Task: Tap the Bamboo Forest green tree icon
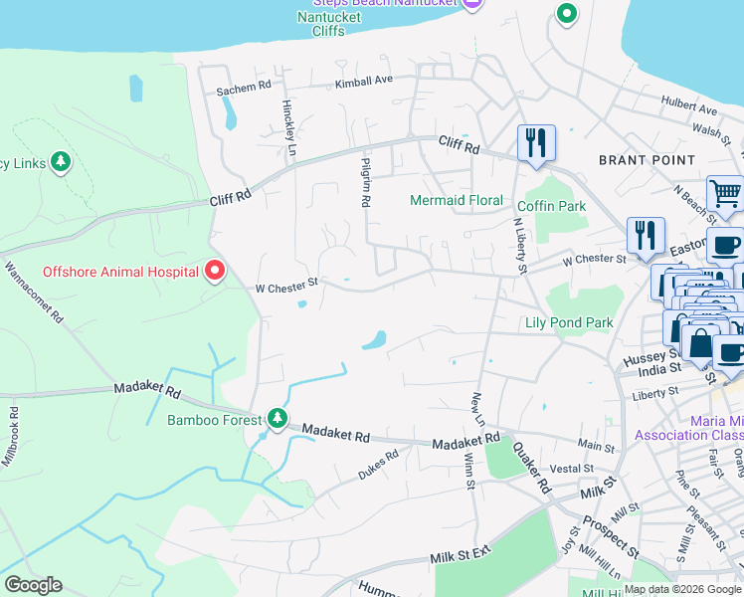[x=278, y=419]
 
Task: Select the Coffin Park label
[x=551, y=206]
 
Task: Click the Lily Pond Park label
[x=569, y=322]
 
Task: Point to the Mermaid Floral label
[x=457, y=200]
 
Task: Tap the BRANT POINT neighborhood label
[x=647, y=159]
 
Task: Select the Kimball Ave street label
[x=364, y=82]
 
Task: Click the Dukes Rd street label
[x=378, y=463]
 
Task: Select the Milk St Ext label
[x=462, y=555]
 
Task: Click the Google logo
[x=33, y=585]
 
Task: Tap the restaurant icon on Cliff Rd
[x=536, y=142]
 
